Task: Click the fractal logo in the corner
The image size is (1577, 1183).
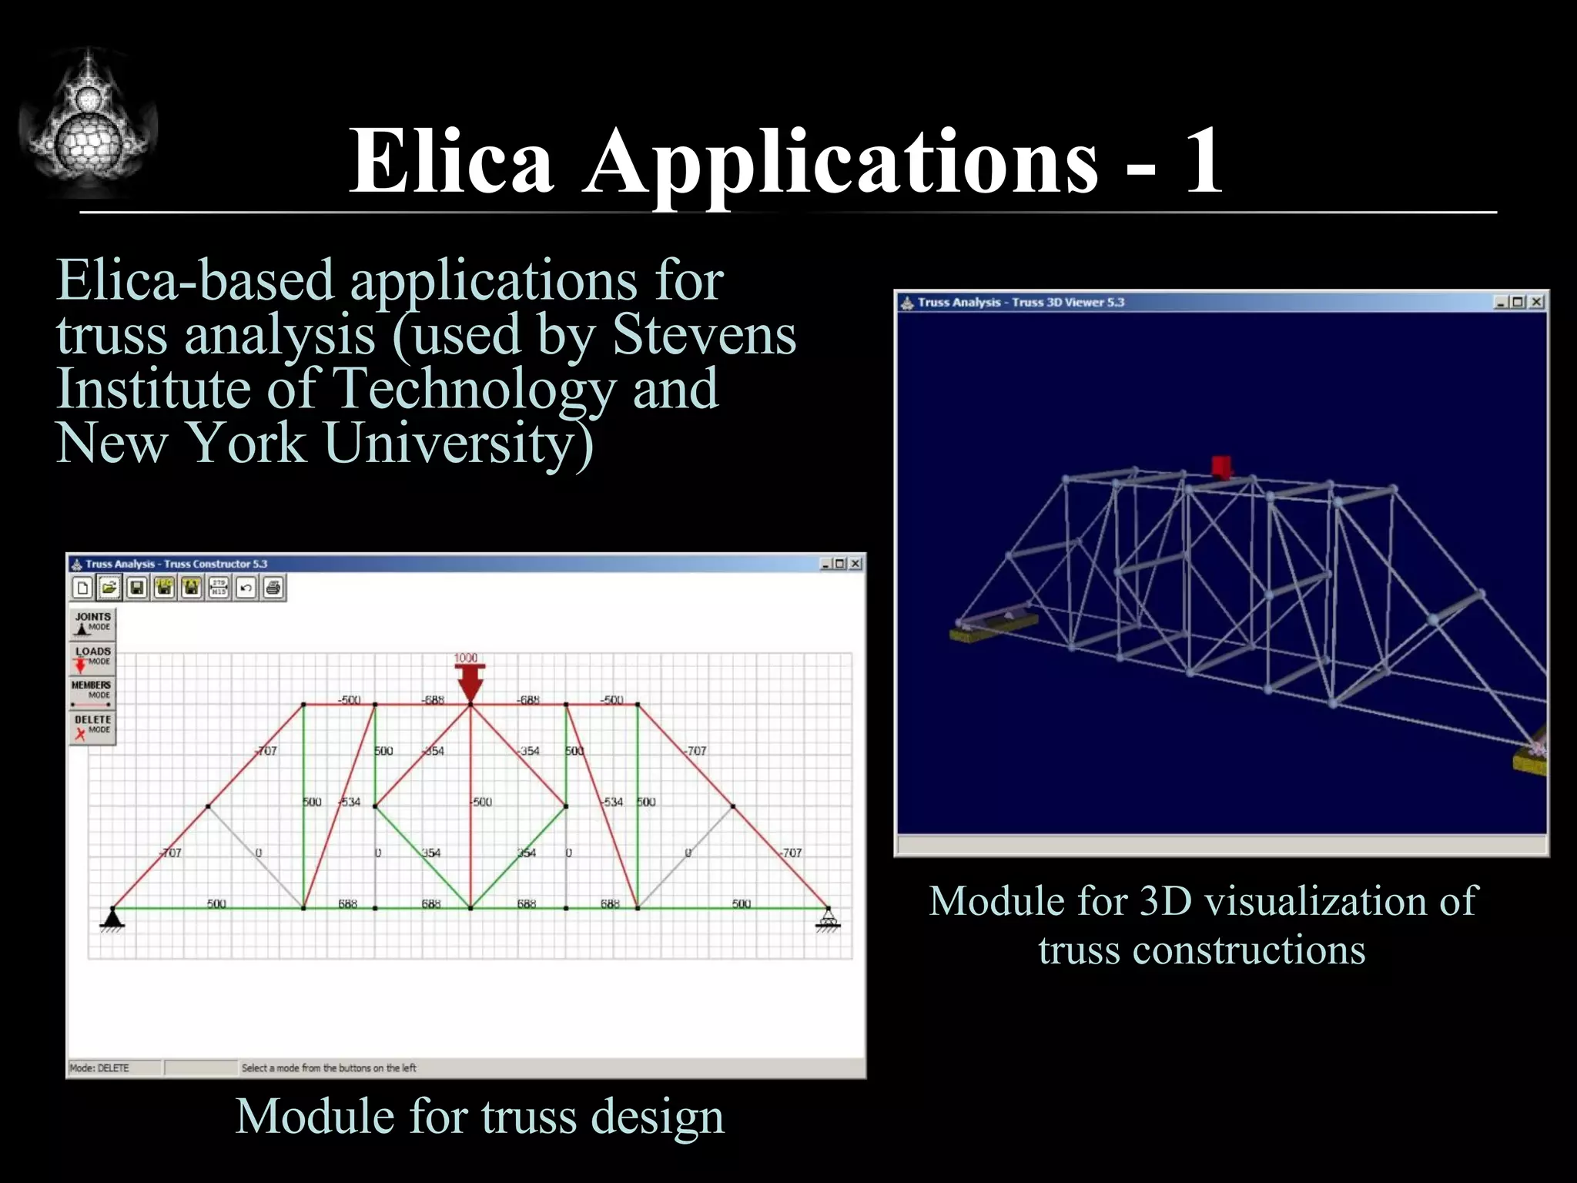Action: pos(88,123)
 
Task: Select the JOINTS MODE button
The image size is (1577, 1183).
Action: pos(92,622)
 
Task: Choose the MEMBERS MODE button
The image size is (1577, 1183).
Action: pos(92,692)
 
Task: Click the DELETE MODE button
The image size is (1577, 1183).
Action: pos(92,726)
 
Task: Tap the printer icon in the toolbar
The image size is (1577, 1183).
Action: pos(273,588)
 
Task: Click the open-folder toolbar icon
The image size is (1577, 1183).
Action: pos(109,588)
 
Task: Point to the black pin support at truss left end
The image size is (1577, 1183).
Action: pos(113,918)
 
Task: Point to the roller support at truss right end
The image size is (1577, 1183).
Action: pos(829,918)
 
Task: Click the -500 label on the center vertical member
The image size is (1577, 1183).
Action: pos(482,802)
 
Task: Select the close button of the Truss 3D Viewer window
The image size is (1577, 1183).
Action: pos(1536,302)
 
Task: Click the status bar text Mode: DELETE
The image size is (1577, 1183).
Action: pos(100,1067)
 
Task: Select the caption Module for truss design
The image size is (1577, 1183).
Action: pos(480,1116)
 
